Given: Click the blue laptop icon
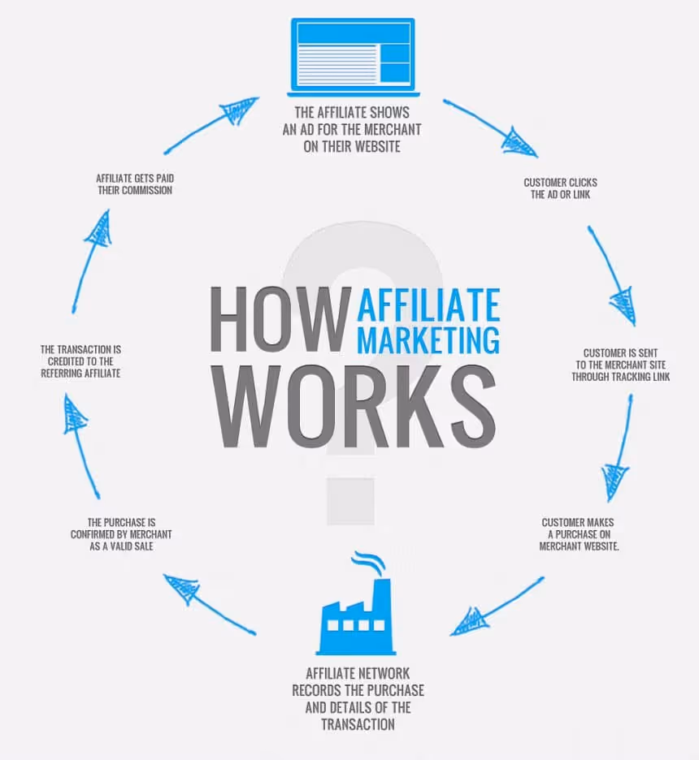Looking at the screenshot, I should tap(352, 54).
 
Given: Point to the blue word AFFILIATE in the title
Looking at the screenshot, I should tap(428, 304).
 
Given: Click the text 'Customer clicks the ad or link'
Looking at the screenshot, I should tap(560, 188).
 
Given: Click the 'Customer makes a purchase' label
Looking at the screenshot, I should tap(580, 534).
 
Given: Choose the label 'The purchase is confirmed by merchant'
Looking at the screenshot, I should tap(120, 534).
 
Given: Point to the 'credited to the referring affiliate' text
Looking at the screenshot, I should tap(81, 361).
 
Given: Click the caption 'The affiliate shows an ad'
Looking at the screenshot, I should tap(353, 130).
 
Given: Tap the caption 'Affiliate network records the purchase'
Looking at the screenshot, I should tap(357, 697).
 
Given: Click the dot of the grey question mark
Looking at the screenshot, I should tap(350, 501).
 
